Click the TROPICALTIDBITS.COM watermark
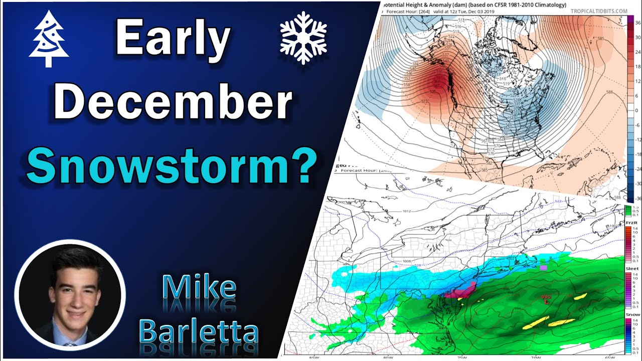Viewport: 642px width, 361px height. [598, 11]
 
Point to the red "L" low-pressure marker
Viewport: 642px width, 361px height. [546, 302]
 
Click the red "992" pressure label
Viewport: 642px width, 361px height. [546, 297]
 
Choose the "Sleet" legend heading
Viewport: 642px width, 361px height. [632, 269]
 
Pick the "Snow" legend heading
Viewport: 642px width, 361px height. [632, 314]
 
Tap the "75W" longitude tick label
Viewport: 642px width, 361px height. [461, 358]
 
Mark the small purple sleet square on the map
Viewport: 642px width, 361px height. [543, 268]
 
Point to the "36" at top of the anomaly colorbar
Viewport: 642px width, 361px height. [636, 23]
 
